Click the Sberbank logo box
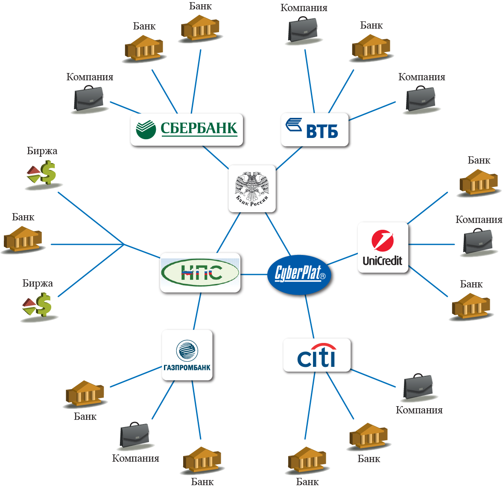187,129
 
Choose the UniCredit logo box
383,248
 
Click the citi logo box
317,355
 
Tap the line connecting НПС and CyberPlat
254,274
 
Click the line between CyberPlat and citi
310,318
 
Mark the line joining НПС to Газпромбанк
197,312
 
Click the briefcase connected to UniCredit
478,243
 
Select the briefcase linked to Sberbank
89,99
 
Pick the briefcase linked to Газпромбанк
135,436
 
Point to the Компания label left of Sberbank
90,77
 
